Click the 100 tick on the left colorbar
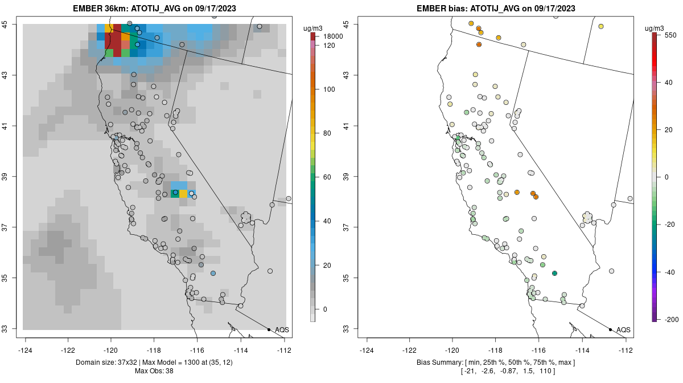pyautogui.click(x=329, y=89)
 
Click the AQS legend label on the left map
pyautogui.click(x=282, y=330)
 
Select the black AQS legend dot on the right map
pyautogui.click(x=610, y=329)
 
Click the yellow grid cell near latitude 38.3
pyautogui.click(x=183, y=194)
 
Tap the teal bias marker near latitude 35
pyautogui.click(x=554, y=274)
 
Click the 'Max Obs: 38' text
pyautogui.click(x=154, y=371)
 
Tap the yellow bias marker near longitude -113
pyautogui.click(x=600, y=27)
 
